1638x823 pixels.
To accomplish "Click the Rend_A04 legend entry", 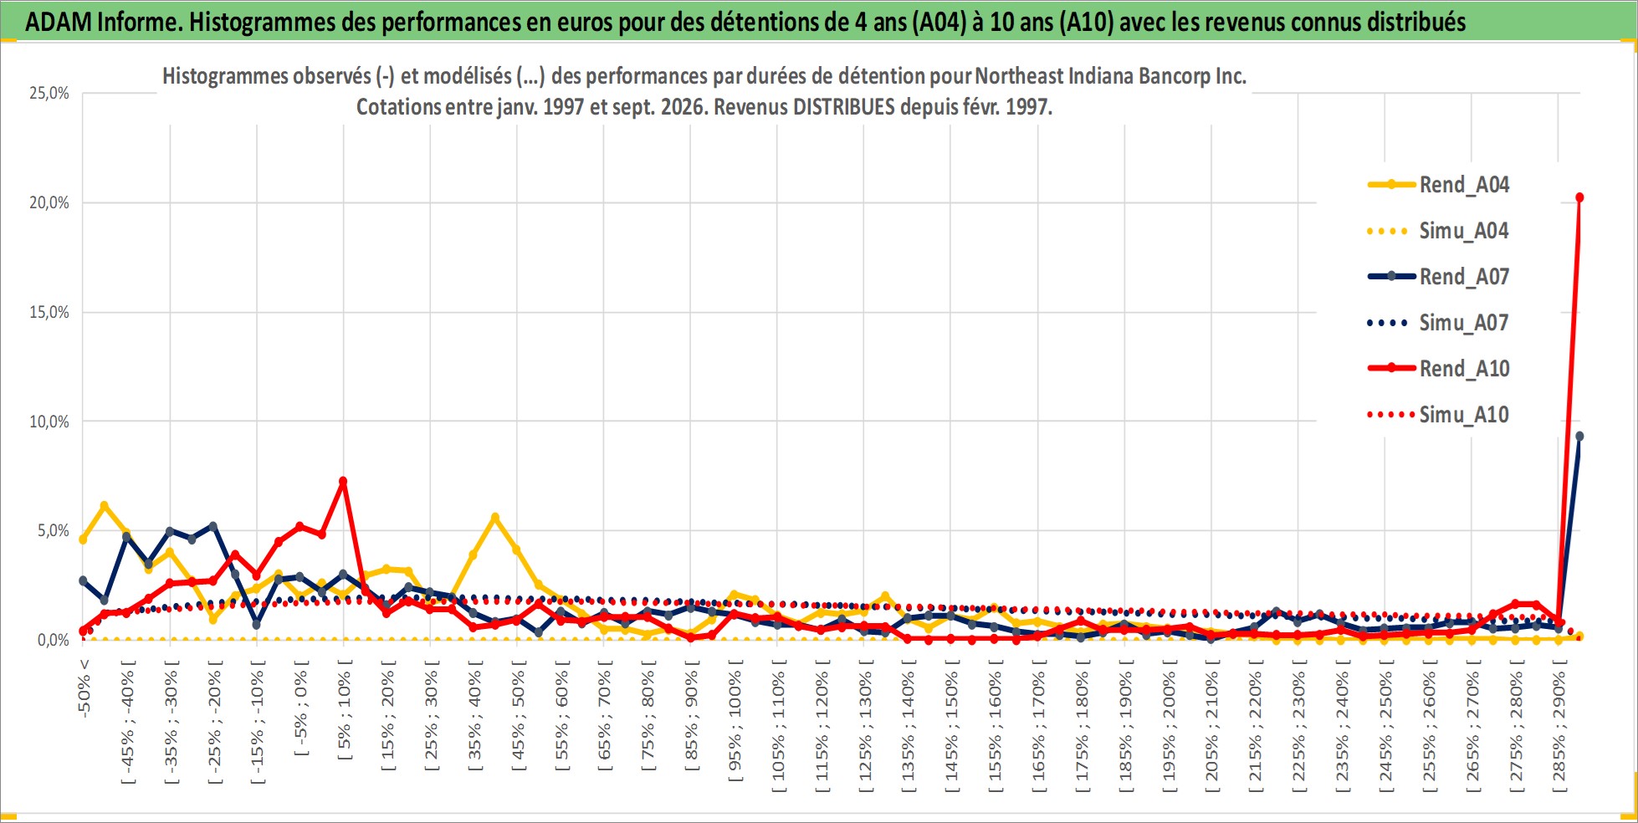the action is point(1439,185).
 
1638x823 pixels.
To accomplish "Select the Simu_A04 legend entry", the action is point(1439,231).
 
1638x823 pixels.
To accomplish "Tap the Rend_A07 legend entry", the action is point(1439,277).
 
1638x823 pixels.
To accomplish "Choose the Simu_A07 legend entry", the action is point(1439,323).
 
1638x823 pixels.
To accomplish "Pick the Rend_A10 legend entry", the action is point(1439,369).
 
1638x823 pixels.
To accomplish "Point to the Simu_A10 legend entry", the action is point(1439,415).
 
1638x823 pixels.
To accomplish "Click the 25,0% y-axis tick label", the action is point(49,93).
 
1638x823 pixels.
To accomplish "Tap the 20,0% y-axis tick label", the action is point(49,202).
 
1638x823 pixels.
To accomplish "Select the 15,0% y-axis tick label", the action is point(49,312).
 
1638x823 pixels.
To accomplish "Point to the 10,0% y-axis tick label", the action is point(49,422).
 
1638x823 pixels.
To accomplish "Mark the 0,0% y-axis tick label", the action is point(54,640).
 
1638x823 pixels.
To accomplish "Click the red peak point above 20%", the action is point(1579,197).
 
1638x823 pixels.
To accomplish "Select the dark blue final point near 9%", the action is point(1579,436).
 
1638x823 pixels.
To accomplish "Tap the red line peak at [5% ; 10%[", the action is point(343,481).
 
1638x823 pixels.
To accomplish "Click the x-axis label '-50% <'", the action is point(84,688).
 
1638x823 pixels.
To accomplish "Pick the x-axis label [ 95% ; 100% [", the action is point(735,721).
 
